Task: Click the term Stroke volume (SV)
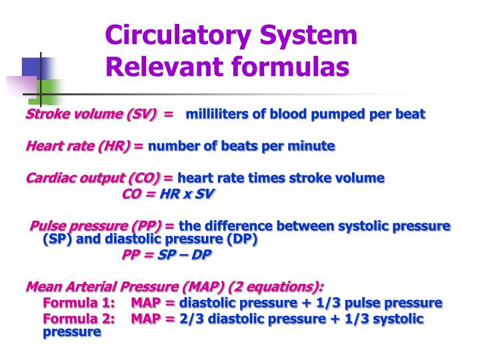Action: [91, 113]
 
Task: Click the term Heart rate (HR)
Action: [78, 146]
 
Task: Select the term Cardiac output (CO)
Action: [93, 178]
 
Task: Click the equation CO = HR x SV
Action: [169, 194]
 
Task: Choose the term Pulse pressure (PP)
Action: [96, 226]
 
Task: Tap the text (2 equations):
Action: [275, 287]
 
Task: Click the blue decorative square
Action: [31, 67]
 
